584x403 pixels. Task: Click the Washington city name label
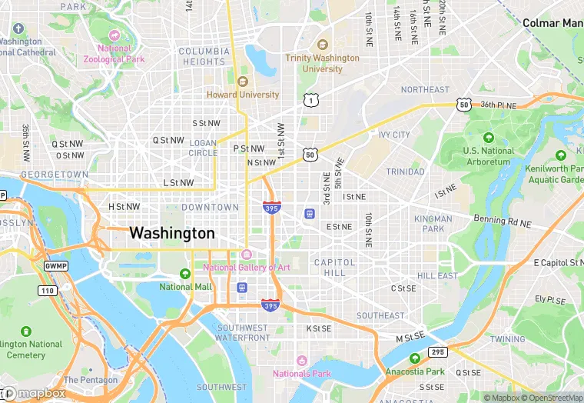172,233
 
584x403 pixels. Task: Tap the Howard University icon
243,82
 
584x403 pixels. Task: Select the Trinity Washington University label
322,63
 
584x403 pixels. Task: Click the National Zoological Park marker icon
114,35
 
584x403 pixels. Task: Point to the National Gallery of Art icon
246,255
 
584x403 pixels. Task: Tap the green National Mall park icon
184,274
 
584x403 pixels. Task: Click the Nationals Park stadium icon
301,361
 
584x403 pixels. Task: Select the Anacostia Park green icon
415,358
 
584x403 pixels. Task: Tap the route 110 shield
48,290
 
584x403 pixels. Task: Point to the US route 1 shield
310,100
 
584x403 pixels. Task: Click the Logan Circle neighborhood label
203,148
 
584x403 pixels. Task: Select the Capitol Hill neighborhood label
334,268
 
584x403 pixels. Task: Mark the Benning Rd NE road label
502,221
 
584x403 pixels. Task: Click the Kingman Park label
433,224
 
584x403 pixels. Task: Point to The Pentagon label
91,380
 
